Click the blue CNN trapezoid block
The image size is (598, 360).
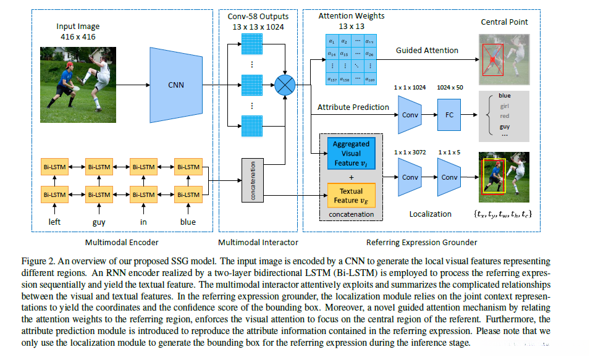click(175, 85)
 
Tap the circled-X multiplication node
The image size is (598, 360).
click(285, 85)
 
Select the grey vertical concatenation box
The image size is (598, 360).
click(253, 180)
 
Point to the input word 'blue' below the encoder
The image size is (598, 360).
click(187, 222)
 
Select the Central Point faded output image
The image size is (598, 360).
click(503, 59)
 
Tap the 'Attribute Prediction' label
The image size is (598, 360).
click(353, 107)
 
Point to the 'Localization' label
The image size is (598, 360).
click(431, 214)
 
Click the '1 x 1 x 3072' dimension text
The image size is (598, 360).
click(410, 151)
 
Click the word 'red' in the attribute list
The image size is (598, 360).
click(505, 116)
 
